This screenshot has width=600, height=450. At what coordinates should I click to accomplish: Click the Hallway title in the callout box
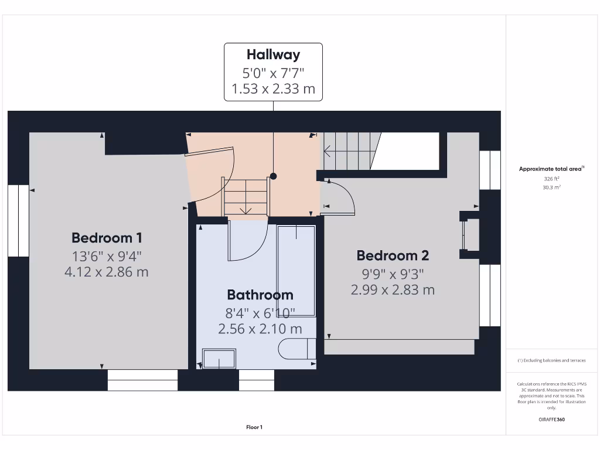273,55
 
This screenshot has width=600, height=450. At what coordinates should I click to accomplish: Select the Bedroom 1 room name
107,238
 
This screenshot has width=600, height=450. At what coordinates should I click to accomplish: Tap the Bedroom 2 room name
393,255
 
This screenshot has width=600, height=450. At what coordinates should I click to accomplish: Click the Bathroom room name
260,295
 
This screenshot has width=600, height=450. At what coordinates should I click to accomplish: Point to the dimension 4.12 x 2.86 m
107,272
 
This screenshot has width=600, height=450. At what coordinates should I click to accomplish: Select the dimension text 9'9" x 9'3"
393,273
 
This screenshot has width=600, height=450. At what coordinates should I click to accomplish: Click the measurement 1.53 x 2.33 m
273,89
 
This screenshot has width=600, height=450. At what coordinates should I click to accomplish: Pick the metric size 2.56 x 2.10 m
260,329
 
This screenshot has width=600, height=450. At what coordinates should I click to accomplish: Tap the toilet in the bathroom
296,349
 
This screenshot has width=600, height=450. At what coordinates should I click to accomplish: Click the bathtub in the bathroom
296,270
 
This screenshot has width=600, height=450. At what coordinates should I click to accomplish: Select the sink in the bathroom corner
219,359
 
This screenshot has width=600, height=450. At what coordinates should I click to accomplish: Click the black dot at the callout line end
273,176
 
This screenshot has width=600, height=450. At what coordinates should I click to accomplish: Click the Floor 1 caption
254,427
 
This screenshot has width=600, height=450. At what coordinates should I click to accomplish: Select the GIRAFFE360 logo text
551,420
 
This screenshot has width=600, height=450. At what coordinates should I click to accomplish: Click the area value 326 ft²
551,179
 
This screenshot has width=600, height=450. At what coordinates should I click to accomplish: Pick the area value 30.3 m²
551,187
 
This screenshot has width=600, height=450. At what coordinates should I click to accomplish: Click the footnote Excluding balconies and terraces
551,360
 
